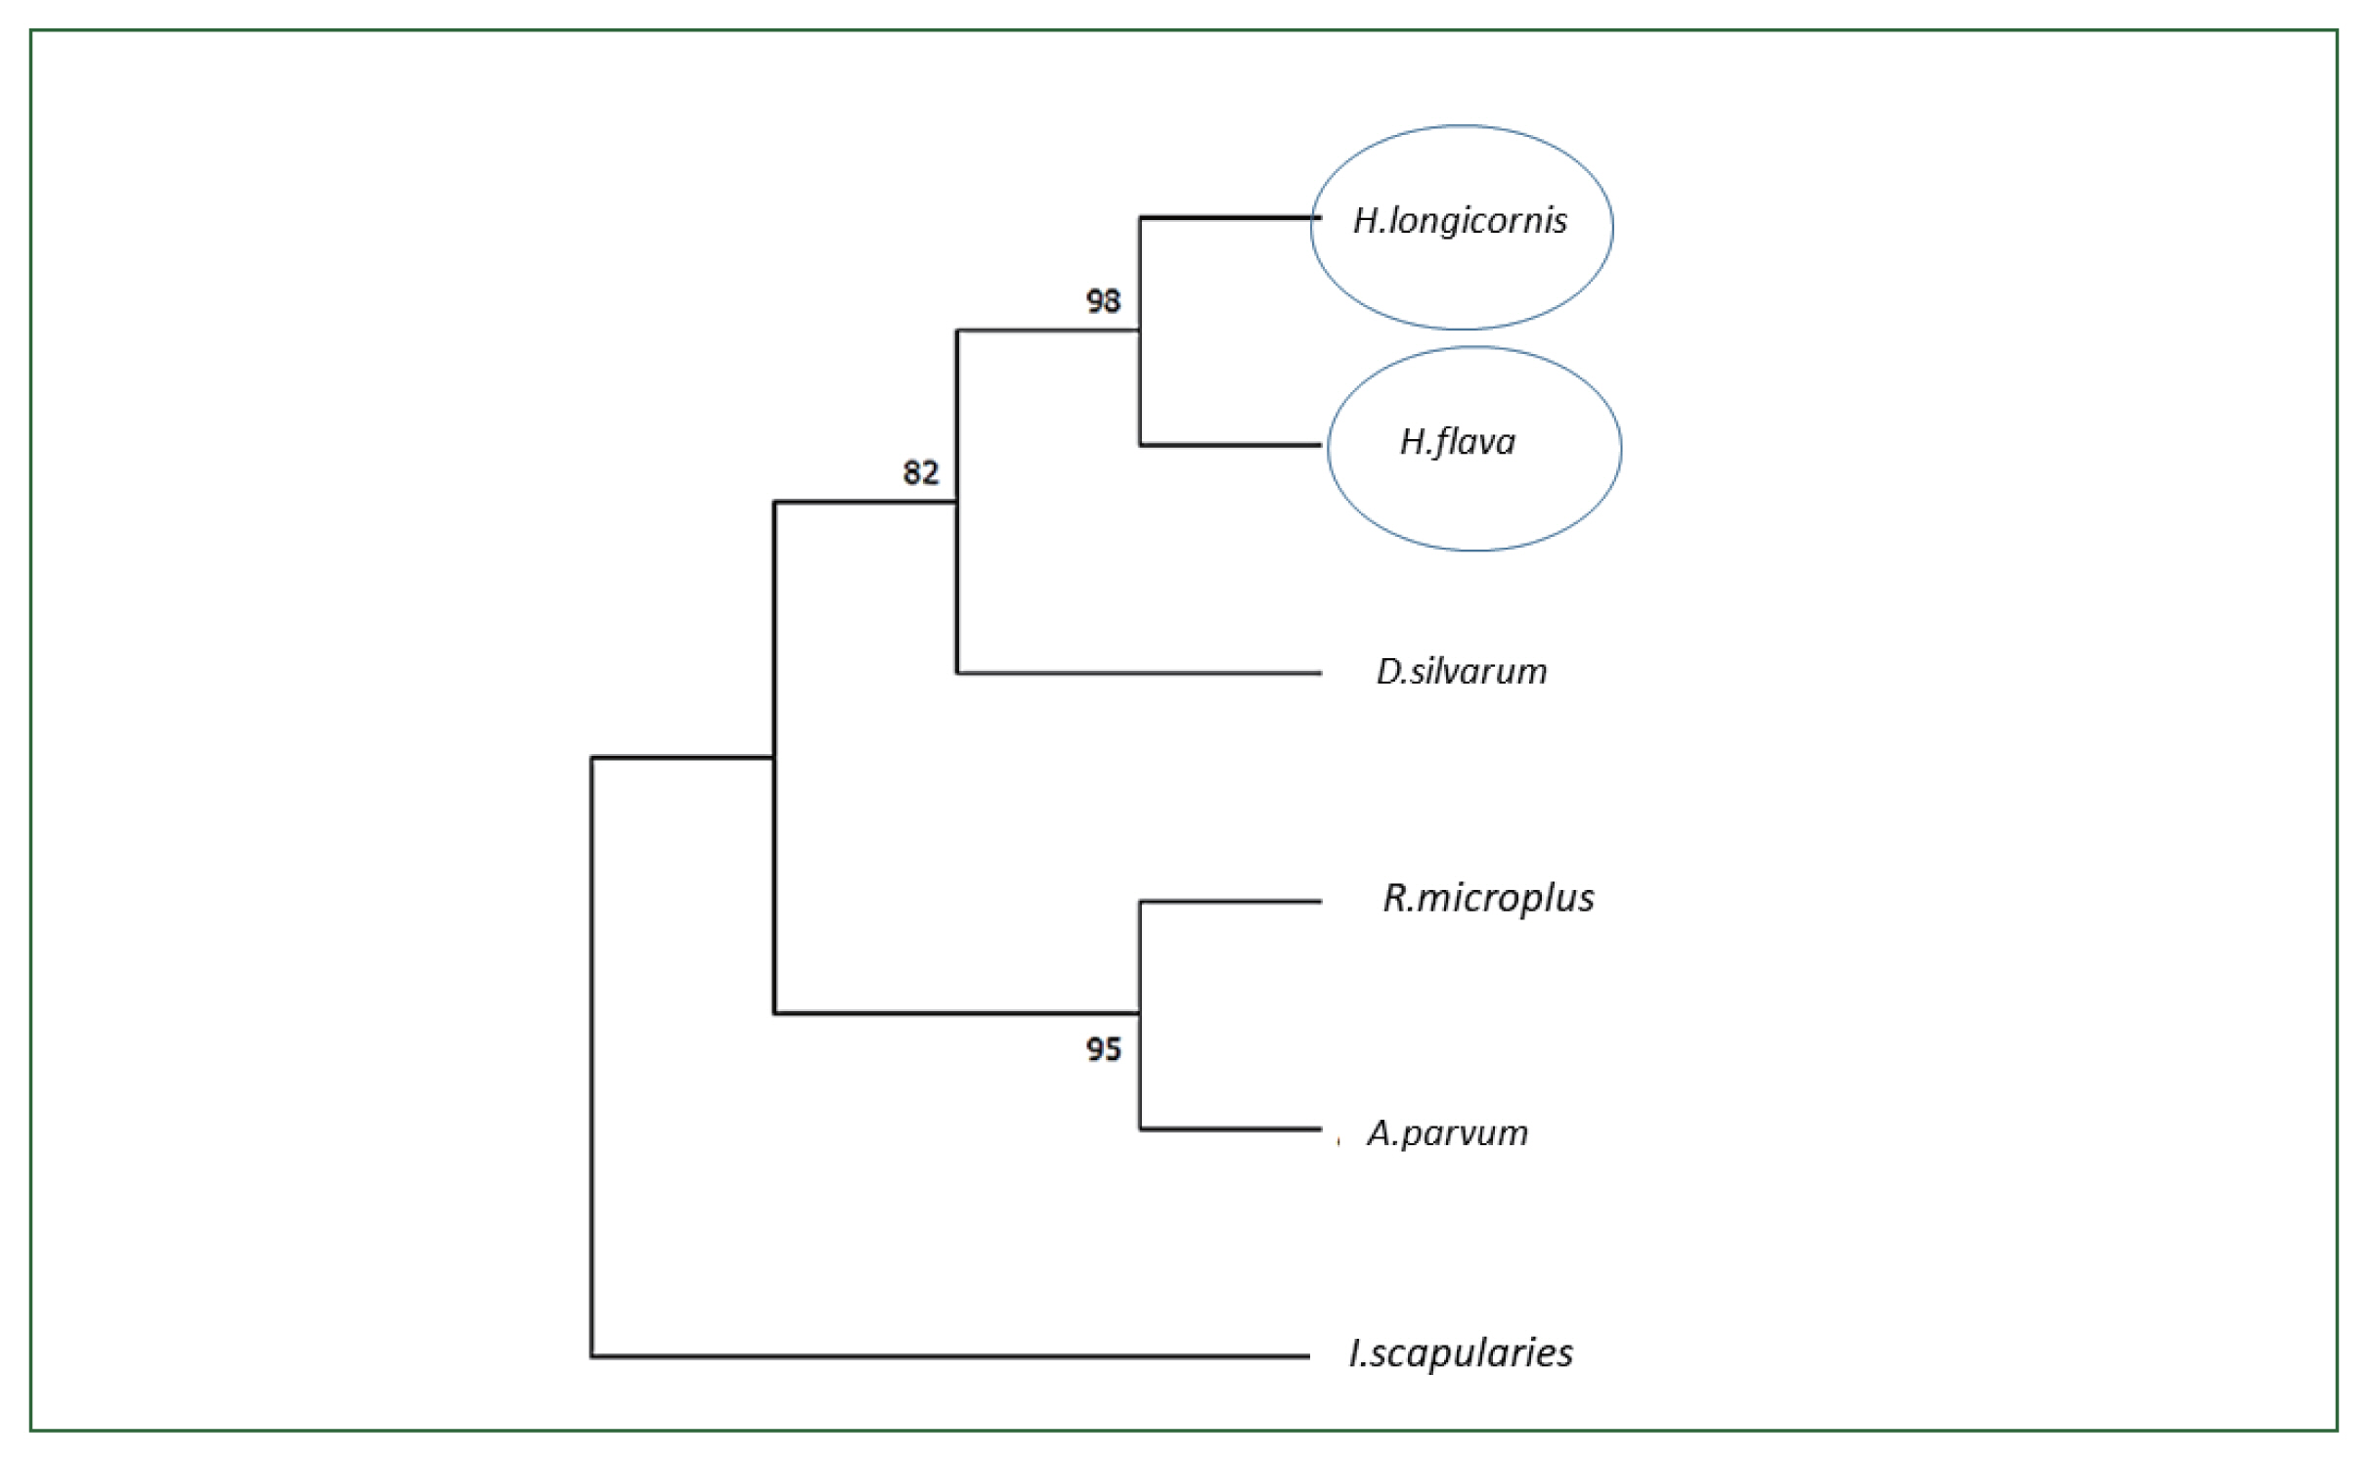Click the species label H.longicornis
pyautogui.click(x=1460, y=222)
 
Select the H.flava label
pyautogui.click(x=1458, y=443)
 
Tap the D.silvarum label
pyautogui.click(x=1462, y=672)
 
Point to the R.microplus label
pyautogui.click(x=1488, y=898)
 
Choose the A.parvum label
pyautogui.click(x=1447, y=1133)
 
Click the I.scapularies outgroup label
pyautogui.click(x=1461, y=1353)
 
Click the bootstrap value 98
pyautogui.click(x=1103, y=301)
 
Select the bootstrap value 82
pyautogui.click(x=920, y=473)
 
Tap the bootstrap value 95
pyautogui.click(x=1103, y=1050)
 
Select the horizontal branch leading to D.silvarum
pyautogui.click(x=1139, y=673)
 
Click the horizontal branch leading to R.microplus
pyautogui.click(x=1230, y=902)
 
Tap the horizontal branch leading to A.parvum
pyautogui.click(x=1230, y=1130)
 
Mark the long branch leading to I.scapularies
pyautogui.click(x=948, y=1356)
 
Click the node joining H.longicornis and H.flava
pyautogui.click(x=1140, y=331)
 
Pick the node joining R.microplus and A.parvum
pyautogui.click(x=1140, y=1013)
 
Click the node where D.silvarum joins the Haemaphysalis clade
pyautogui.click(x=957, y=502)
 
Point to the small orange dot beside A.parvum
pyautogui.click(x=1338, y=1141)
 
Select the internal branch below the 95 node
pyautogui.click(x=956, y=1013)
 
